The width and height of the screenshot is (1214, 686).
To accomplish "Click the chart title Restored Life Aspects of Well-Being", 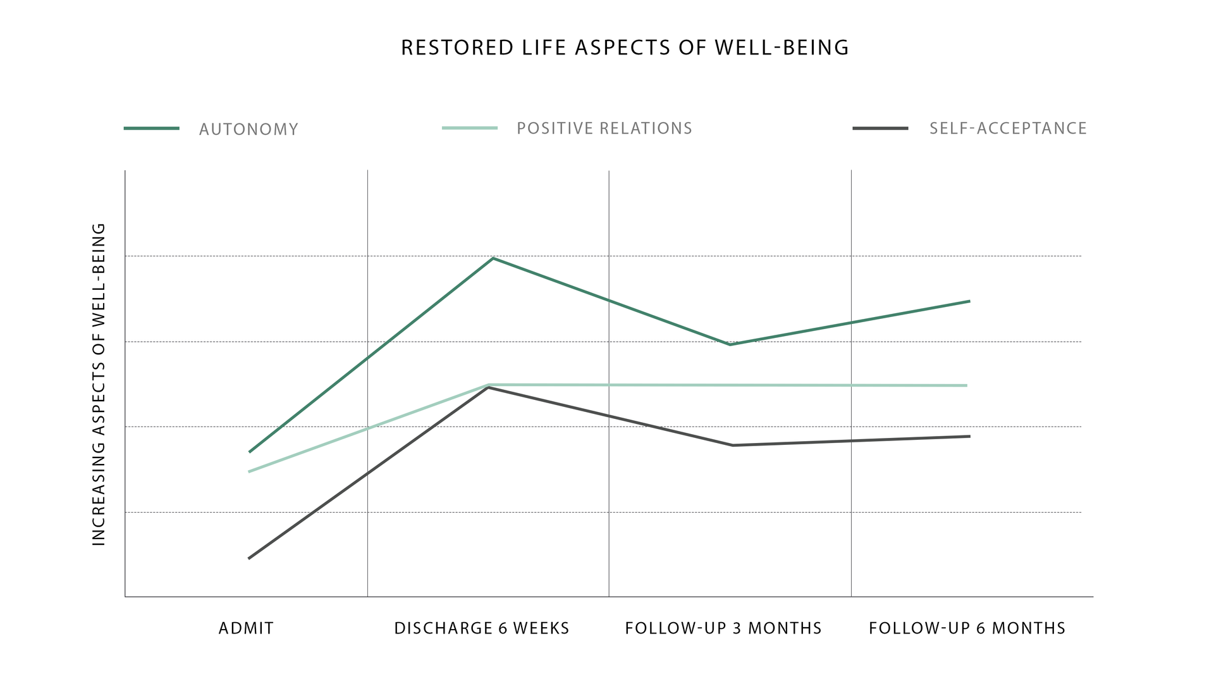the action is pos(625,47).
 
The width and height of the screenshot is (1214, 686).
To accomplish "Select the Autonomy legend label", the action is pos(248,129).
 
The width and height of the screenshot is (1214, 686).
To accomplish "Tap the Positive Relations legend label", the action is pos(604,128).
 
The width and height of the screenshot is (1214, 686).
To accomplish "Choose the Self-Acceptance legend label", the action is pos(1008,128).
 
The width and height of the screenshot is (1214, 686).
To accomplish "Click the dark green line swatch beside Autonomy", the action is pos(152,128).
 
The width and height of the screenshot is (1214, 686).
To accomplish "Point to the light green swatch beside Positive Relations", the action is pos(470,128).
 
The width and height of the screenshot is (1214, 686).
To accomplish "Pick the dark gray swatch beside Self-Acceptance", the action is pos(880,128).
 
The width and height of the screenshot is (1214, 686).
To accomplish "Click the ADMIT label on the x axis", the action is pos(246,628).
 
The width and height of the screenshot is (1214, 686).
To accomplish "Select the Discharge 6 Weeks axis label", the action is pos(482,628).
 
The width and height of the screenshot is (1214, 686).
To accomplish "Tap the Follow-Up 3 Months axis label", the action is pos(723,628).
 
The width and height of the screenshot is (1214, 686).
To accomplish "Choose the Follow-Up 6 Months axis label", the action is pos(967,628).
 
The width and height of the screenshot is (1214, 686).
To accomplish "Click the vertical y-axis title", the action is pos(99,384).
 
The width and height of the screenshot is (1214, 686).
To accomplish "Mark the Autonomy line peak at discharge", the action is pos(493,258).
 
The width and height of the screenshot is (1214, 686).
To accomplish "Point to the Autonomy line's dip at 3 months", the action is pos(730,344).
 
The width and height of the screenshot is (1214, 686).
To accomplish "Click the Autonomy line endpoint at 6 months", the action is pos(969,301).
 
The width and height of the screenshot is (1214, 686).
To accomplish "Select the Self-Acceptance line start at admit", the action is pos(249,558).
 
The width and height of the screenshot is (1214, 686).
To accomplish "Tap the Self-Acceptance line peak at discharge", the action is pos(488,387).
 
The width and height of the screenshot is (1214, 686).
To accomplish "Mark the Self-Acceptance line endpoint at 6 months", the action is pos(969,437).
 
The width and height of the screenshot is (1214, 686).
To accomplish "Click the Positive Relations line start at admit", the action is pos(249,471).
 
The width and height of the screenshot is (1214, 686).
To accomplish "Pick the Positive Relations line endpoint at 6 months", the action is pos(967,385).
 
